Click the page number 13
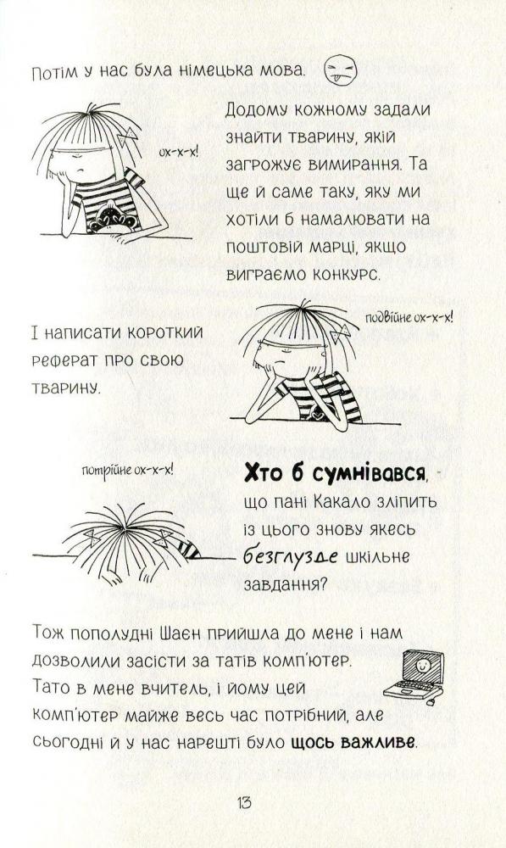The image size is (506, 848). pyautogui.click(x=244, y=801)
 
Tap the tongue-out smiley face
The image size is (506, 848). pyautogui.click(x=341, y=71)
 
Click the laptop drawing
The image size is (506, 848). pyautogui.click(x=414, y=676)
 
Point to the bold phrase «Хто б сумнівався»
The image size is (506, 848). pyautogui.click(x=335, y=474)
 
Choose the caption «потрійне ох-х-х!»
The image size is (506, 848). pyautogui.click(x=128, y=470)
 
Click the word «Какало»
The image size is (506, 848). pyautogui.click(x=340, y=502)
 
